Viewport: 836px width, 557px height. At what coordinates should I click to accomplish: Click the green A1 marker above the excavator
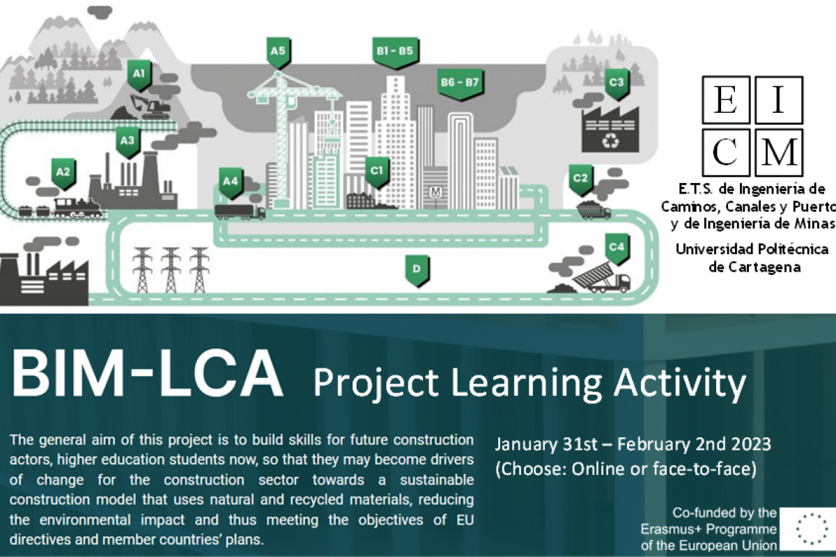139,75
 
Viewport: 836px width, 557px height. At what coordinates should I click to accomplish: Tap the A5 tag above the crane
279,53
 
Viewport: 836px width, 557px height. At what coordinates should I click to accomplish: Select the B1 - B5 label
395,52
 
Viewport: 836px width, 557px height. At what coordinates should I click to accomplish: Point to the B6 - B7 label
460,84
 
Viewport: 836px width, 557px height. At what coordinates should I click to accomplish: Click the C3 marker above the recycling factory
617,84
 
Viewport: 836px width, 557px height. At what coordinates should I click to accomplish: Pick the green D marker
417,270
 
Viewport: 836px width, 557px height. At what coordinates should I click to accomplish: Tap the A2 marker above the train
63,174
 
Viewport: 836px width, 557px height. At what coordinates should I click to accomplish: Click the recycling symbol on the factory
610,141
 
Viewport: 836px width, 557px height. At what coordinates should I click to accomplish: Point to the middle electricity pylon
171,269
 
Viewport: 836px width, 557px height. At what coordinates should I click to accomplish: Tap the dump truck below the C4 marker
602,278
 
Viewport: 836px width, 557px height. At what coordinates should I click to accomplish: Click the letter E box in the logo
726,100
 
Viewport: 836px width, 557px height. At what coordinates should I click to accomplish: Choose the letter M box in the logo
779,152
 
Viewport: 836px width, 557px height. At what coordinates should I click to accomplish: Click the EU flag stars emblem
812,528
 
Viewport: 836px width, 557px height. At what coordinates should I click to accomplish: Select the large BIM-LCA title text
148,374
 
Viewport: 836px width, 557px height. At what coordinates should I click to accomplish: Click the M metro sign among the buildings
435,192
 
